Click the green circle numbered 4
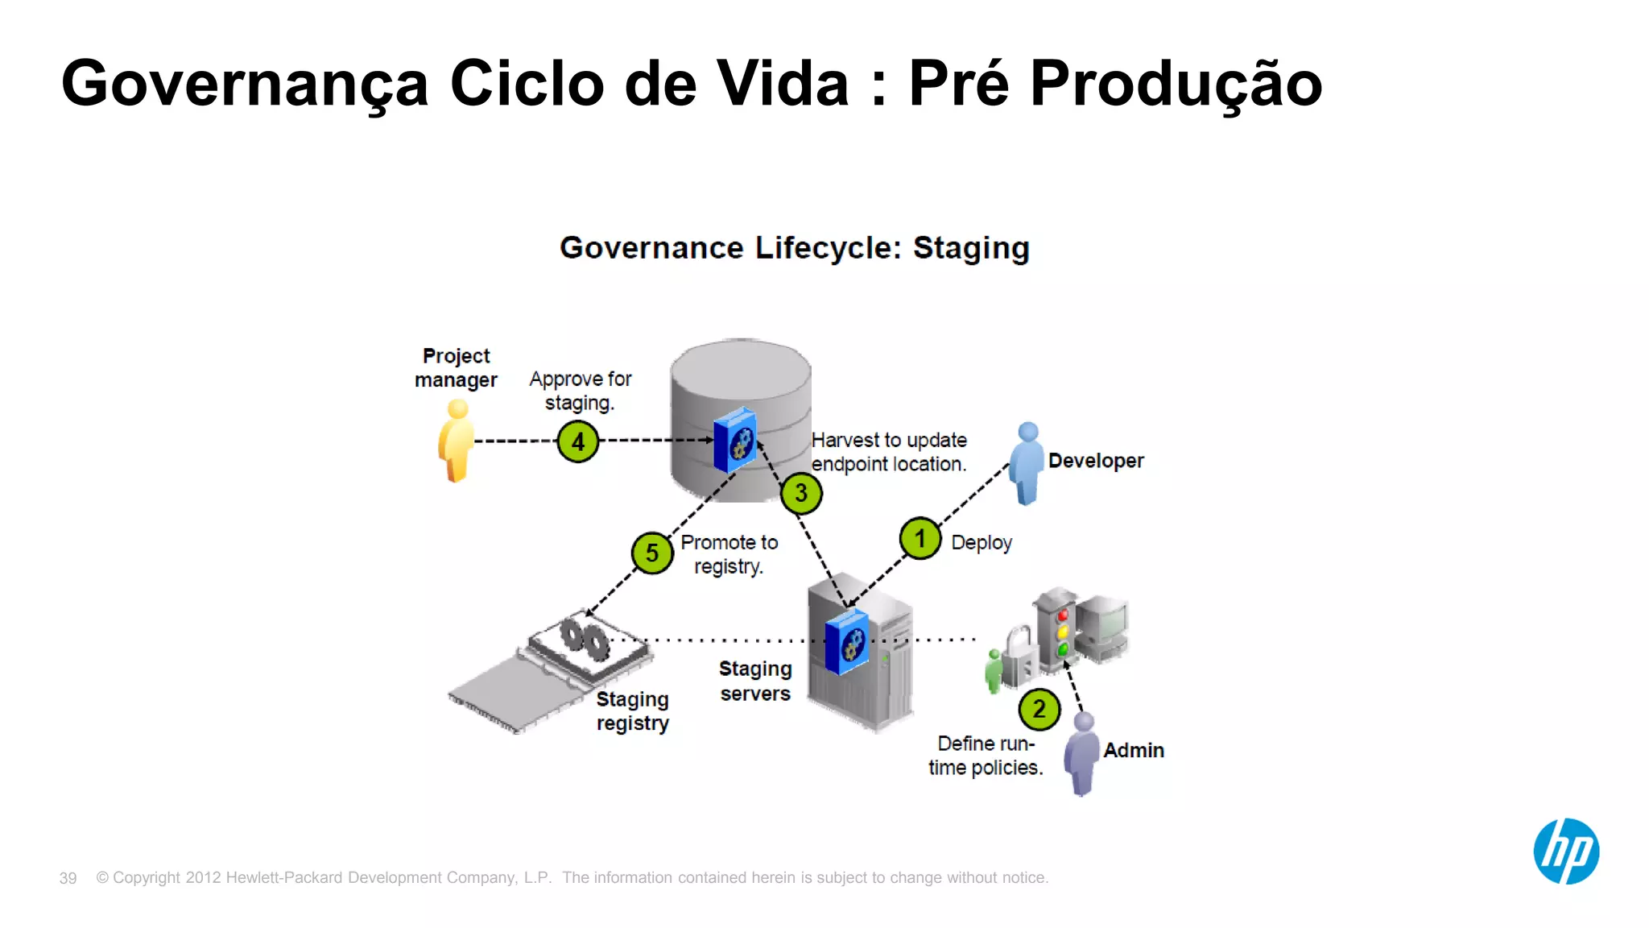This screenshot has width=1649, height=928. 578,441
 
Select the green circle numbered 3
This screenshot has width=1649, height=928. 801,493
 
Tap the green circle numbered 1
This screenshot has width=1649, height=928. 920,538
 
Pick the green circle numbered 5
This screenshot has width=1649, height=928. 652,553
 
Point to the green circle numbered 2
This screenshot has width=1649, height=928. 1039,710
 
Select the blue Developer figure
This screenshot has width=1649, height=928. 1027,462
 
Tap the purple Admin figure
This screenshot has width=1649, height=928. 1082,753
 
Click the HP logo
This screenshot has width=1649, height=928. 1566,851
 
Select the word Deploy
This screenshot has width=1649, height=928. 981,543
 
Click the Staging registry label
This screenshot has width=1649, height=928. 633,711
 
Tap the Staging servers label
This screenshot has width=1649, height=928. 755,681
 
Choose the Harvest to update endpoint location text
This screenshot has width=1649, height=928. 889,452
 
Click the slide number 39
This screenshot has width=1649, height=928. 68,878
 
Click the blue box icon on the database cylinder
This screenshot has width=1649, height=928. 735,440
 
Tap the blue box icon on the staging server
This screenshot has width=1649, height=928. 847,641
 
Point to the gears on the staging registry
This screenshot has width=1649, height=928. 585,638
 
